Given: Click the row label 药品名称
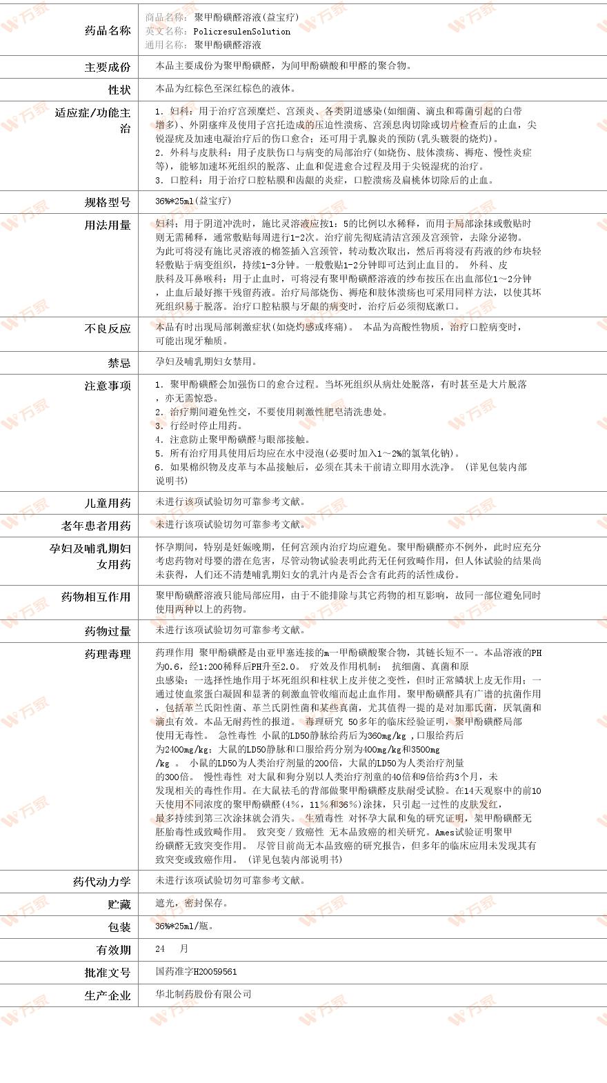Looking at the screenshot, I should pos(107,31).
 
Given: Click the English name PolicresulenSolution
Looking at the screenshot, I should pos(241,32).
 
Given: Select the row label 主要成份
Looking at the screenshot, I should pos(107,67).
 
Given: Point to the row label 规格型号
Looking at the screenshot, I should pos(107,202).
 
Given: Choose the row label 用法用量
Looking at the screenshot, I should pos(107,225).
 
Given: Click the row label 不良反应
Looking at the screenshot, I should pos(107,328).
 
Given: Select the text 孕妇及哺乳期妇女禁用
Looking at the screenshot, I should pos(206,361).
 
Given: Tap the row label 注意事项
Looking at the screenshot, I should pos(107,386).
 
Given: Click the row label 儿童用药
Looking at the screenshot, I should pos(107,503).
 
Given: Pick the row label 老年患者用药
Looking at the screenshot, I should pos(95,526).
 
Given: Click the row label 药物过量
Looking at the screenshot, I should pos(107,631).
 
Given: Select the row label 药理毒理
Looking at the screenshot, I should pos(107,654).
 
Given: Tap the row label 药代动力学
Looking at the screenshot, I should pos(101,882).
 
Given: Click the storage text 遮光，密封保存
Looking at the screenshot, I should pos(191,903).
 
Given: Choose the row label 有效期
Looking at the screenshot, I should pos(113,950).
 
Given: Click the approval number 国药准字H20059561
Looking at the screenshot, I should pos(196,971).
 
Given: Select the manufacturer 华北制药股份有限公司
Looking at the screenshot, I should pos(203,994).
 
